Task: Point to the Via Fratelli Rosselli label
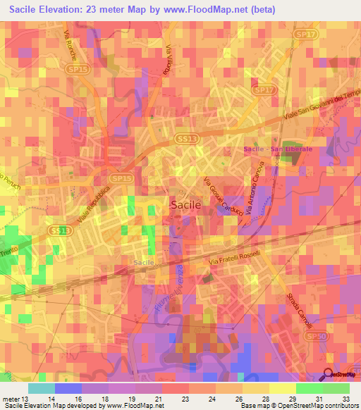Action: coord(235,259)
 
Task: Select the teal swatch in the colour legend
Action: coord(42,388)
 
